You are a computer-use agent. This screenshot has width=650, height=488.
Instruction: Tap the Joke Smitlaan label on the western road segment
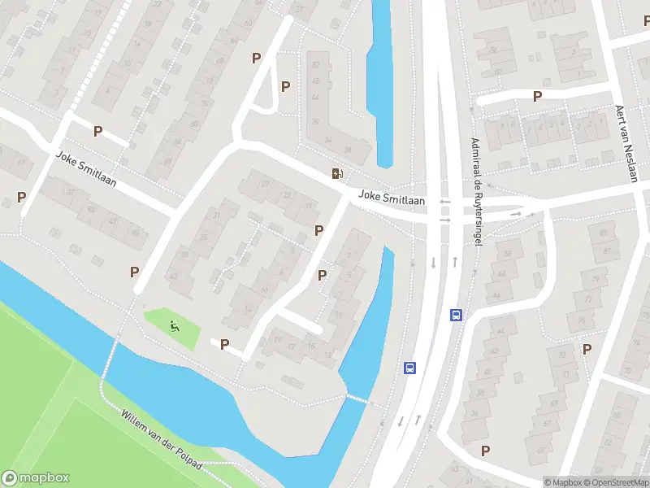[x=86, y=169]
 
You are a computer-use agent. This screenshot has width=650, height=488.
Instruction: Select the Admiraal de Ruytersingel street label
[x=477, y=194]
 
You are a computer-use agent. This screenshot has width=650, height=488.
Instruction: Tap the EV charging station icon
[x=337, y=172]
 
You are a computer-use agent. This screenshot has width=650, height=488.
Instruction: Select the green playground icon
[x=175, y=327]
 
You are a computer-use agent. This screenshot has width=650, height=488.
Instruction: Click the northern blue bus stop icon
[x=457, y=315]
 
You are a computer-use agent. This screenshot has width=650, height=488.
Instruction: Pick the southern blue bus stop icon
[x=410, y=368]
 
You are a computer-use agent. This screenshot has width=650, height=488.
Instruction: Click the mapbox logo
[x=34, y=478]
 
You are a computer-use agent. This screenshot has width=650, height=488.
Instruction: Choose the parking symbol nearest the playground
[x=224, y=344]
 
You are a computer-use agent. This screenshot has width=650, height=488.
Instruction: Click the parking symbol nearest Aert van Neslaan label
[x=537, y=96]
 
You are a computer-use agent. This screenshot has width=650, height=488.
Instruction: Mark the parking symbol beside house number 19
[x=318, y=230]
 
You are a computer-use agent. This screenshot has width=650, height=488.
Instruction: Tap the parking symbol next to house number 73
[x=587, y=349]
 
